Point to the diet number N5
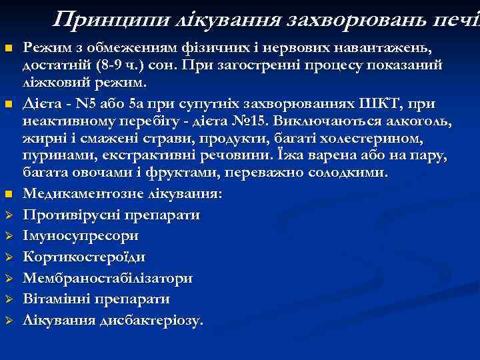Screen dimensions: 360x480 85,103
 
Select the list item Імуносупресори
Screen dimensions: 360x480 81,236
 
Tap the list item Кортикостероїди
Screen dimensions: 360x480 85,257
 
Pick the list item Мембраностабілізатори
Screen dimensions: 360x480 108,278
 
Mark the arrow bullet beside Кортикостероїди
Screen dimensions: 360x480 9,257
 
